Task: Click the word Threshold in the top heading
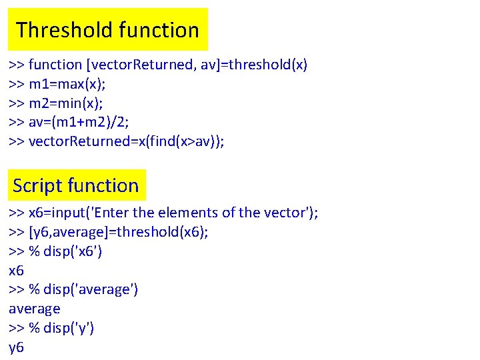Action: point(65,30)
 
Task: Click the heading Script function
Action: point(75,185)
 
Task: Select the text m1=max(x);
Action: point(68,84)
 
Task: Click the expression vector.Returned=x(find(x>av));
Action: point(127,141)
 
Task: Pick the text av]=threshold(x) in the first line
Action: point(254,65)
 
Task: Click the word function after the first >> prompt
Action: point(55,65)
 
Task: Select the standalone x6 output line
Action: point(17,271)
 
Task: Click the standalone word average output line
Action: point(35,309)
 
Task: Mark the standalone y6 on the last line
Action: point(17,347)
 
